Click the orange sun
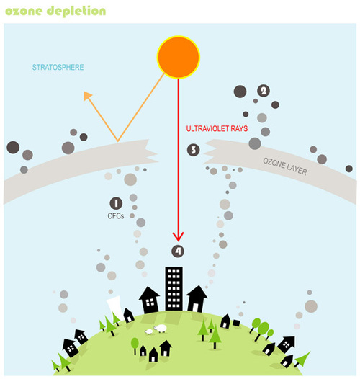(x=178, y=57)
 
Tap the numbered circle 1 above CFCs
(x=115, y=203)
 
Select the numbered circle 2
(x=264, y=91)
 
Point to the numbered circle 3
(x=193, y=150)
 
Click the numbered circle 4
(x=178, y=251)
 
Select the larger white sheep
(x=161, y=328)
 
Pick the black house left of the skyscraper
(x=148, y=298)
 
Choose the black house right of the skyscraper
(x=197, y=298)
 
